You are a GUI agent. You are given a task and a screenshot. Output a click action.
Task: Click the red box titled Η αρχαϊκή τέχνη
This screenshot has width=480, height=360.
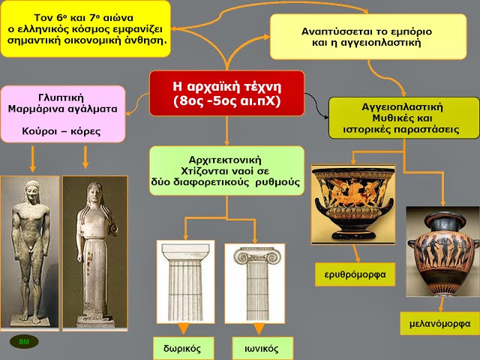click(226, 93)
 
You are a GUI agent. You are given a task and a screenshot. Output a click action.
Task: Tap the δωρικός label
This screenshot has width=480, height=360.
click(183, 348)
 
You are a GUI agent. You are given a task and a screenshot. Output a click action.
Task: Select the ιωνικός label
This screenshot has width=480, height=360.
click(262, 348)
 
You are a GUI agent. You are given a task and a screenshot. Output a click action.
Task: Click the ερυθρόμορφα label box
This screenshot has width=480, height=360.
click(355, 274)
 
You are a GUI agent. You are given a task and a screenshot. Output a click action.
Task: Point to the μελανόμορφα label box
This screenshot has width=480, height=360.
click(440, 323)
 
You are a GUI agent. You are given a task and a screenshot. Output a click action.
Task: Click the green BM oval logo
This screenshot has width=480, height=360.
click(24, 342)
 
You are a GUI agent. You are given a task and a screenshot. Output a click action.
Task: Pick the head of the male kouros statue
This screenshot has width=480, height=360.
click(31, 192)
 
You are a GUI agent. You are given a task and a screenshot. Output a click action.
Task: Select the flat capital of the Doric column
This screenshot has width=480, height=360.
click(186, 251)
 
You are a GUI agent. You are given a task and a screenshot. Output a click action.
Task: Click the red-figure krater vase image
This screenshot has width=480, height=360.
click(353, 205)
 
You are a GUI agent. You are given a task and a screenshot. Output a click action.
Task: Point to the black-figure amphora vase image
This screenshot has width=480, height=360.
click(442, 251)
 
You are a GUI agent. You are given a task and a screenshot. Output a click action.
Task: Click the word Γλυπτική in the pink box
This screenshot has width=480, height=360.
click(61, 97)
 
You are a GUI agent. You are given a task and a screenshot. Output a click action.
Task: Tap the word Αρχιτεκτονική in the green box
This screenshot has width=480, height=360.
click(225, 160)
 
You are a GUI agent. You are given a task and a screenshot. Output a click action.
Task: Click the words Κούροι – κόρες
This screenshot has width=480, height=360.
click(61, 131)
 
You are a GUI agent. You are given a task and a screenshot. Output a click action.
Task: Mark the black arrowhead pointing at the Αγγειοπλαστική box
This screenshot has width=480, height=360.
click(325, 117)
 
